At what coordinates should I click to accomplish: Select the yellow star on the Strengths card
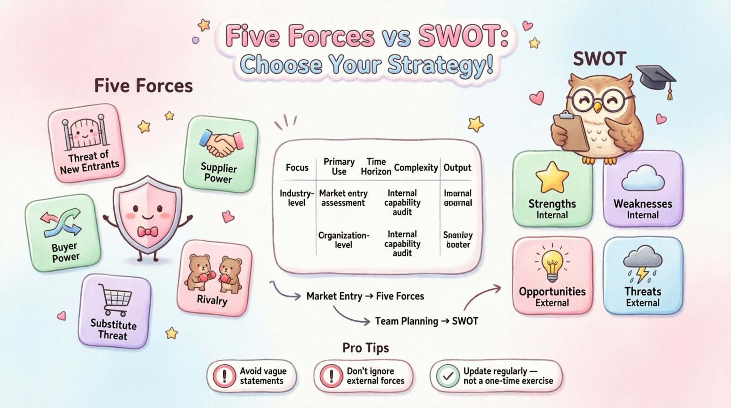pyautogui.click(x=552, y=177)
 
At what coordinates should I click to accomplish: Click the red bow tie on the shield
pyautogui.click(x=148, y=231)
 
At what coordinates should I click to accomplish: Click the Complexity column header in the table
pyautogui.click(x=416, y=168)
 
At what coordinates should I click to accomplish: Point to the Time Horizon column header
pyautogui.click(x=376, y=167)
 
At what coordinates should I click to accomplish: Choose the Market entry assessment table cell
pyautogui.click(x=343, y=198)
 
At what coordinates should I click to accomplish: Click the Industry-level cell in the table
pyautogui.click(x=297, y=198)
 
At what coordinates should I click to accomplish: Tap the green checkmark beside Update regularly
pyautogui.click(x=448, y=376)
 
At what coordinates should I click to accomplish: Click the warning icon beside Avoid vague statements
pyautogui.click(x=224, y=376)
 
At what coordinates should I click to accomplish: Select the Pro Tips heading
pyautogui.click(x=365, y=348)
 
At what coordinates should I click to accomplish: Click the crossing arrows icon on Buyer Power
pyautogui.click(x=61, y=222)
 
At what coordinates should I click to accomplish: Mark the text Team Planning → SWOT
pyautogui.click(x=426, y=321)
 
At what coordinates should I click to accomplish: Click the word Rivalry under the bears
pyautogui.click(x=212, y=300)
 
